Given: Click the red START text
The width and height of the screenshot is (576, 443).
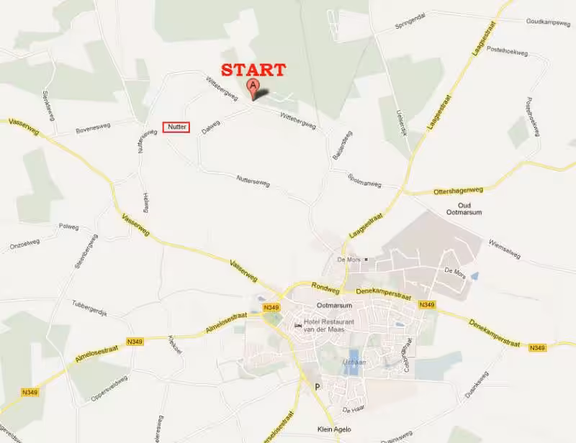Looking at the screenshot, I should pos(253,70).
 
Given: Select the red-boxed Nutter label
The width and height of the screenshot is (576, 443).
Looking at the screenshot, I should pos(176,127).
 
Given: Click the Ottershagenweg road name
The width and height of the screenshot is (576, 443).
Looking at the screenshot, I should pos(459,191).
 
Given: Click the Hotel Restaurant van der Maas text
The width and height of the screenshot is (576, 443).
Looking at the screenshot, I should pos(329,325).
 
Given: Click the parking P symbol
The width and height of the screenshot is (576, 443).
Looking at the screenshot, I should pos(315,386).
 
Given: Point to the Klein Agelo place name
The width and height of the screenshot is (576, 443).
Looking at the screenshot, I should pos(335,429).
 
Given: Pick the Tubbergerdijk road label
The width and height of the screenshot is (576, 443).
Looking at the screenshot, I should pos(90,305).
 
